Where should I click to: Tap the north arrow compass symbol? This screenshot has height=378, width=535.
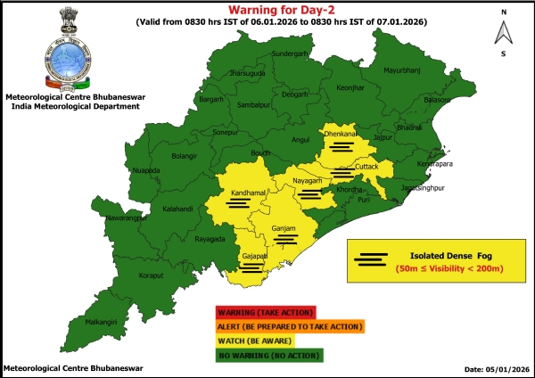point(504,33)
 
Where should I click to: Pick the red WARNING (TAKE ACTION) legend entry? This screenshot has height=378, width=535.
point(265,313)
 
